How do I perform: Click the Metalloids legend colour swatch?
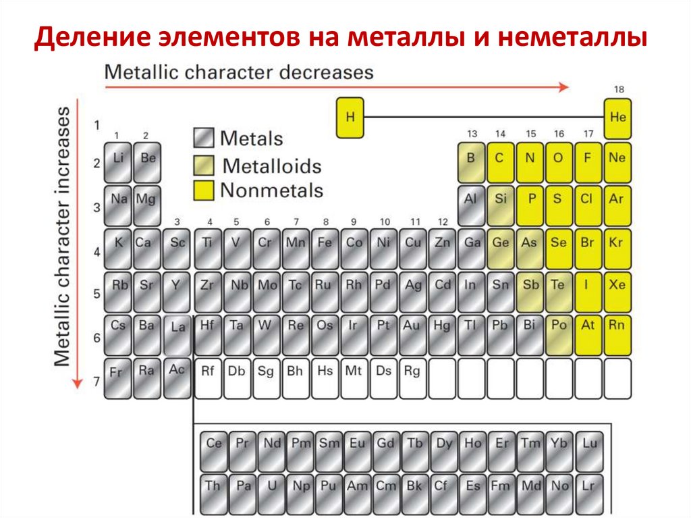tap(204, 165)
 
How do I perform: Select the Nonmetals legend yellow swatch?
tap(204, 190)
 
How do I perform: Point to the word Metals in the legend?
tap(251, 139)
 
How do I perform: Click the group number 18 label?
tap(619, 89)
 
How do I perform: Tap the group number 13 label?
tap(472, 133)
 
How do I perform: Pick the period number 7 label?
tap(96, 381)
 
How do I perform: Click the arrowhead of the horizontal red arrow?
tap(563, 86)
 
